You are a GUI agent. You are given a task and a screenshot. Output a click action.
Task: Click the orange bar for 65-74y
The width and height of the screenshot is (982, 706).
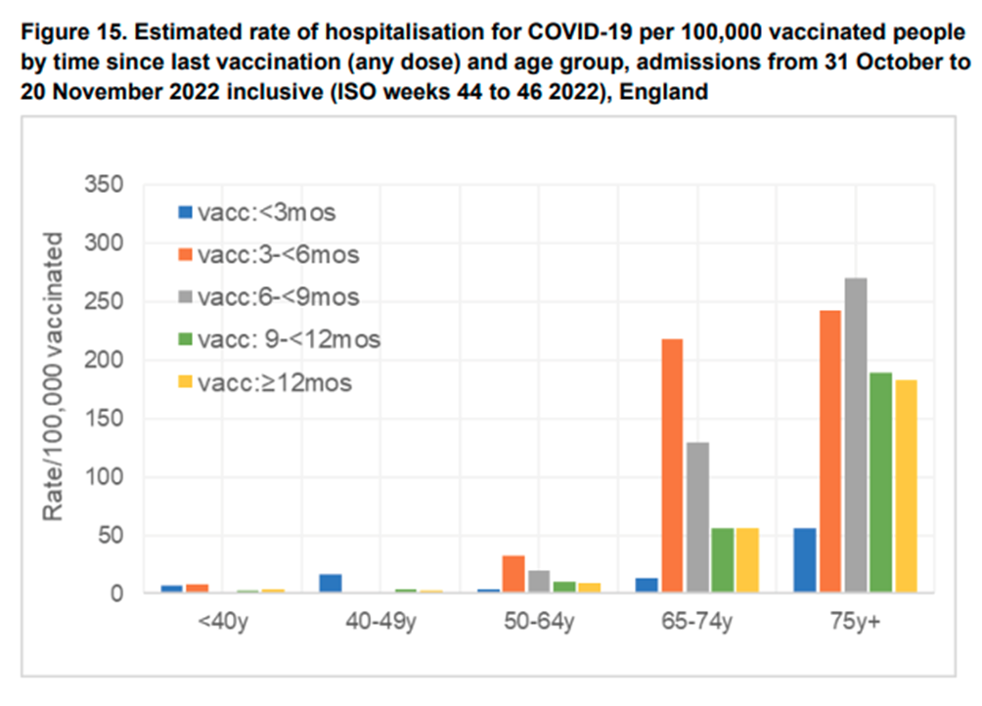coord(673,465)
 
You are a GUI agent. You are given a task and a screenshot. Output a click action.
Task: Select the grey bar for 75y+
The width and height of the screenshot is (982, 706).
coord(855,435)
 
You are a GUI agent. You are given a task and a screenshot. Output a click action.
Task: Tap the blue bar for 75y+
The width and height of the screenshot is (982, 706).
coord(804,560)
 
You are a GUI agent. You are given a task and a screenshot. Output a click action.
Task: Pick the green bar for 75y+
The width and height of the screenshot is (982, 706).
coord(880,482)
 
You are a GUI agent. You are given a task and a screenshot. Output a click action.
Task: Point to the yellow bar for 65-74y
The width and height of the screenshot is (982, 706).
coord(748,560)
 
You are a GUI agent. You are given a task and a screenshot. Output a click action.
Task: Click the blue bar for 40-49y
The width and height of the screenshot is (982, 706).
coord(331,583)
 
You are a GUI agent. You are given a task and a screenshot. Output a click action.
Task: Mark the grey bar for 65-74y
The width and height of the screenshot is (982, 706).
coord(698,517)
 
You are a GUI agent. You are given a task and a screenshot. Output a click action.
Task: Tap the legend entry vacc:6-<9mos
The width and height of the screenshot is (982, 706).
coord(278,297)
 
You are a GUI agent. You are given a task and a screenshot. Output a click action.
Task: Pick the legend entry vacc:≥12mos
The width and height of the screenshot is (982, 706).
coord(274,382)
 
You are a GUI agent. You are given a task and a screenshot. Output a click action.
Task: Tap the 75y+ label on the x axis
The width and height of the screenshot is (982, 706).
coord(855,622)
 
